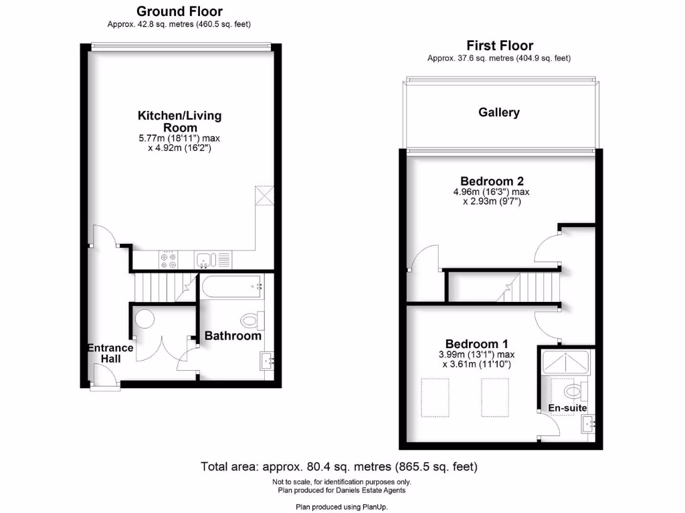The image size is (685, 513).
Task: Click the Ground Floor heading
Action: tap(179, 11)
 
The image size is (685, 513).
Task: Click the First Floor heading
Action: tap(499, 45)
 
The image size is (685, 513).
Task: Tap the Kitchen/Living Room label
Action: tap(179, 121)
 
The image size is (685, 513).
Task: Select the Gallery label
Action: tap(499, 112)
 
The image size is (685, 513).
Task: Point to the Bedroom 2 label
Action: tap(492, 181)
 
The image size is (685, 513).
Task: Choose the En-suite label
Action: tap(567, 407)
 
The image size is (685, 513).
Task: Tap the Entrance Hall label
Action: tap(110, 353)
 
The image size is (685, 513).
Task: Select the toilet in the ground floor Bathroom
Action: tap(250, 321)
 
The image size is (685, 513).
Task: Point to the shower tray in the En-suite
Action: tap(567, 361)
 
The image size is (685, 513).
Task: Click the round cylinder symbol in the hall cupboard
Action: tap(144, 319)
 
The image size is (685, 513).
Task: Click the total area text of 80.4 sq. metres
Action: tap(339, 466)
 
